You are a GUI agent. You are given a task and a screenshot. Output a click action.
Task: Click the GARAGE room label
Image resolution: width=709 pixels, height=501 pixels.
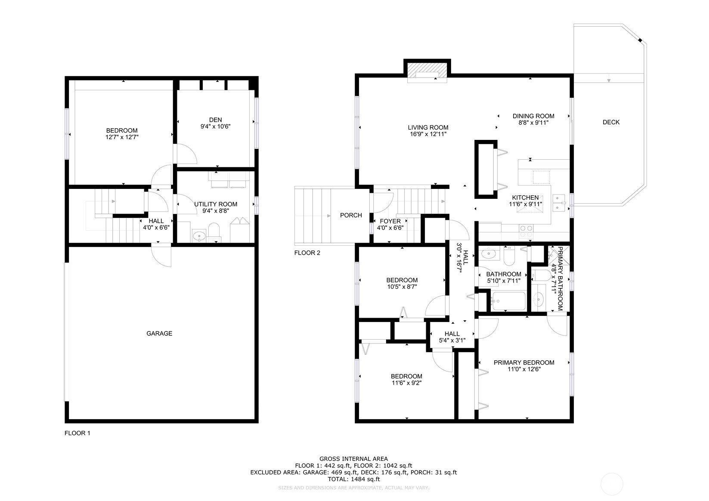click(159, 333)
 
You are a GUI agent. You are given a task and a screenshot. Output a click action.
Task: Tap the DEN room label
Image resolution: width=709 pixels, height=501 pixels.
click(216, 120)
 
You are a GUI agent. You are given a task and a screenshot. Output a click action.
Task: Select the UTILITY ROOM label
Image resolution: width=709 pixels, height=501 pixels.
click(216, 204)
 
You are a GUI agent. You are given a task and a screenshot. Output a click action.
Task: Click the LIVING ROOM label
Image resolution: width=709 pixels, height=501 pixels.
click(428, 127)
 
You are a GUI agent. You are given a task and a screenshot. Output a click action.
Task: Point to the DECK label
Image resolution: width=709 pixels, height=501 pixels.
click(611, 122)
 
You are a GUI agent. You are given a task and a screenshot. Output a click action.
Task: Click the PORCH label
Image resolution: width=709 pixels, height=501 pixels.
click(351, 215)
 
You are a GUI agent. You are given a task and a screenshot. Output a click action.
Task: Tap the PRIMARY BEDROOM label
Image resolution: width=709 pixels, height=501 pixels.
click(524, 363)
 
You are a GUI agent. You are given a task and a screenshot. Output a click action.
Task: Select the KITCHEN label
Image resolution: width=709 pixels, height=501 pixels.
click(526, 198)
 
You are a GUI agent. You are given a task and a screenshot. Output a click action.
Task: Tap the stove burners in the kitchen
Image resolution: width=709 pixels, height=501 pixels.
click(526, 232)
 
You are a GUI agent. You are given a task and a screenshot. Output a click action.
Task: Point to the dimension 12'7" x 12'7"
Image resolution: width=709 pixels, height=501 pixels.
click(122, 137)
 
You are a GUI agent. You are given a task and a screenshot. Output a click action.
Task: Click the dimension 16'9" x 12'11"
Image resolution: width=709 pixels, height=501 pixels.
click(428, 134)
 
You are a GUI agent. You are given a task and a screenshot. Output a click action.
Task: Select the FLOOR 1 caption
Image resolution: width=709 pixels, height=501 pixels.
click(77, 433)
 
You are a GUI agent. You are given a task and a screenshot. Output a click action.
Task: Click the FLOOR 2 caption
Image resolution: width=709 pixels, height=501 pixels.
click(307, 253)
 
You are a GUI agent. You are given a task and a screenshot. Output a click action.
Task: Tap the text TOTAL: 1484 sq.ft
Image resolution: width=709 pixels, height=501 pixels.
click(353, 479)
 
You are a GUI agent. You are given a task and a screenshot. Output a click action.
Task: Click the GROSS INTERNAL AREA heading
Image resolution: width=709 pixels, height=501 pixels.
click(353, 458)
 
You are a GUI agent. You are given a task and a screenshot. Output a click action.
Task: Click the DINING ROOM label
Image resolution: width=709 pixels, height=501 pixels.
click(533, 116)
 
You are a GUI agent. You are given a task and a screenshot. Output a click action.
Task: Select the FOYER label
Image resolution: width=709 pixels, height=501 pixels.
click(390, 221)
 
